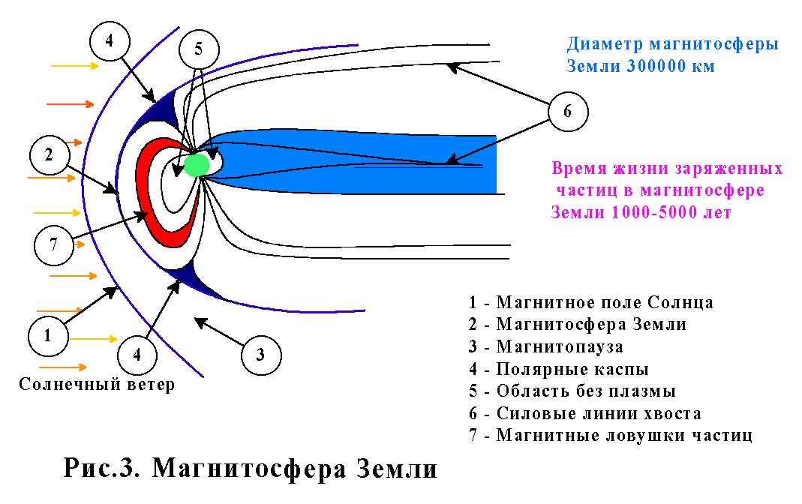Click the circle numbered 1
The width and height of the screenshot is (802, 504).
tap(47, 335)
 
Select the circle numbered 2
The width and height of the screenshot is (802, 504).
tap(49, 156)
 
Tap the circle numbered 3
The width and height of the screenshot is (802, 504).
tap(260, 354)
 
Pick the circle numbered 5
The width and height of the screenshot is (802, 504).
tap(198, 50)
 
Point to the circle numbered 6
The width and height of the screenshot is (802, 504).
tap(567, 112)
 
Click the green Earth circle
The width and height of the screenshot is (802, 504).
tap(197, 163)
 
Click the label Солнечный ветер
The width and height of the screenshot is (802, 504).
tap(97, 385)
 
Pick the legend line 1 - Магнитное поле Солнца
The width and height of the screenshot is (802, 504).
tap(591, 303)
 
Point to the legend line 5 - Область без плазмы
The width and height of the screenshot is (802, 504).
tap(572, 391)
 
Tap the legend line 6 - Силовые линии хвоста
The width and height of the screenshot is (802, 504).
tap(585, 413)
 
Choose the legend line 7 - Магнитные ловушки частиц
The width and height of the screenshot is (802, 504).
tap(611, 435)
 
